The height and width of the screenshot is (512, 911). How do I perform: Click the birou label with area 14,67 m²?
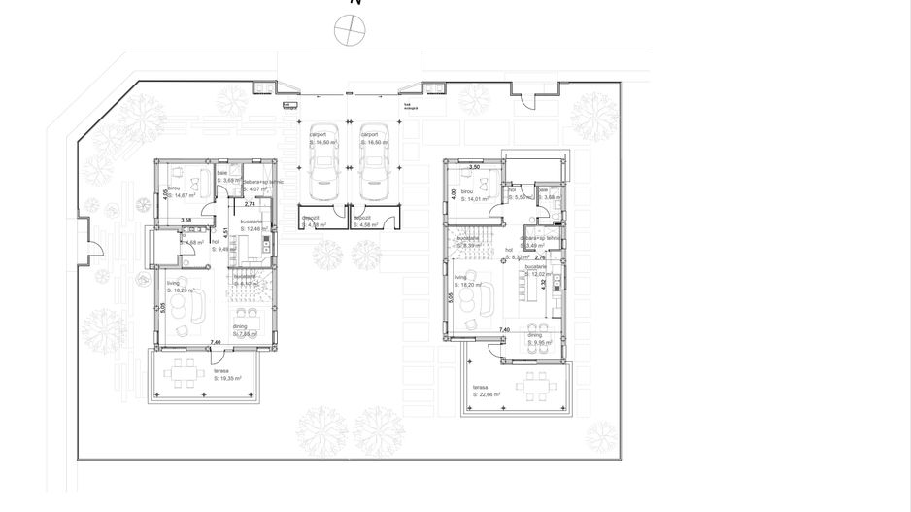179,192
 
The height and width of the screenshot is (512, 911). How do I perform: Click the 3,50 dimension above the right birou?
475,167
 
